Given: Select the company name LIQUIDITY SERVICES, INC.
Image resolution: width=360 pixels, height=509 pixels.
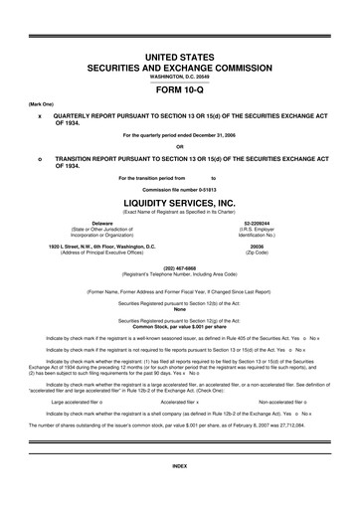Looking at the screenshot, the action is pos(179,201).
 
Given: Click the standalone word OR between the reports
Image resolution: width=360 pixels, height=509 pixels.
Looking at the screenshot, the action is pos(179,146).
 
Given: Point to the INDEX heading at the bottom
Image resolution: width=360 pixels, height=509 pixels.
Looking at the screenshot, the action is pos(179,494).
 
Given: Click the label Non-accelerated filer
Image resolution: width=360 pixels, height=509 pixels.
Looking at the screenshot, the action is pos(279,402).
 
